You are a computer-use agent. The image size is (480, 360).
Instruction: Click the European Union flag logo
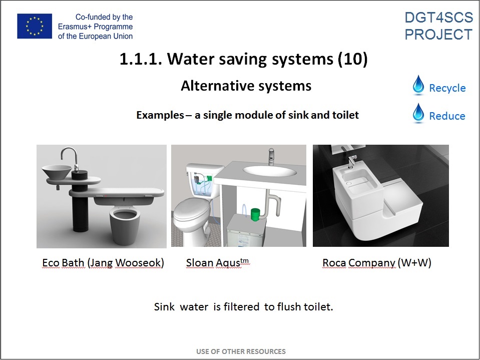35,27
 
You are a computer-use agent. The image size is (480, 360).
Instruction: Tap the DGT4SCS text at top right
438,18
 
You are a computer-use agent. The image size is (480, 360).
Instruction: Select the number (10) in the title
352,59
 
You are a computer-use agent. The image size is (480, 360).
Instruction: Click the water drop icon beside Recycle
418,84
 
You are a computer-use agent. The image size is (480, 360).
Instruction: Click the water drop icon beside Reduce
418,113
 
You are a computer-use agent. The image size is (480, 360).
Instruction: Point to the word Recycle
447,88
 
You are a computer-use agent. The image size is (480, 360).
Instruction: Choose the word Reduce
447,116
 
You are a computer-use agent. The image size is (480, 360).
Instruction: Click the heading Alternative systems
246,86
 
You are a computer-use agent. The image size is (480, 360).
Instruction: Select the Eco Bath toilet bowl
125,224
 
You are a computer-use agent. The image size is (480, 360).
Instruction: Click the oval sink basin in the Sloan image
270,171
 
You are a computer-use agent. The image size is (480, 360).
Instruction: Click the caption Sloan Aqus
217,263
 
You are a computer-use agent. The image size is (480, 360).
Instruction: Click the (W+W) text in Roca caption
414,263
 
